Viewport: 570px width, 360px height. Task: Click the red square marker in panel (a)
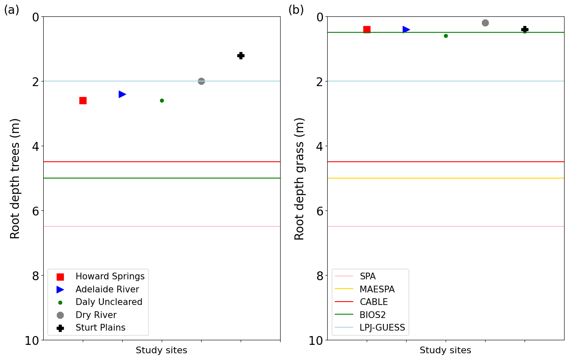click(83, 100)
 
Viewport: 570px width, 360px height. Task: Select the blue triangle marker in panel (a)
click(122, 94)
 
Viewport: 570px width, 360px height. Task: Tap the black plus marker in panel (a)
click(241, 55)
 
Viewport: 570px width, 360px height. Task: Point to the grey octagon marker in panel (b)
click(485, 23)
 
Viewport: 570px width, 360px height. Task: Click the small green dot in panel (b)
click(446, 36)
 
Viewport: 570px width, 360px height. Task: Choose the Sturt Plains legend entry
click(100, 328)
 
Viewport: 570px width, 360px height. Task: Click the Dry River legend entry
click(96, 315)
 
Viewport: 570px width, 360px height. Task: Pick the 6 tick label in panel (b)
click(320, 210)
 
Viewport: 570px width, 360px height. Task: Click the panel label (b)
click(296, 10)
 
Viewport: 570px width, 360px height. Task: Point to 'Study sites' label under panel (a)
click(162, 350)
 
